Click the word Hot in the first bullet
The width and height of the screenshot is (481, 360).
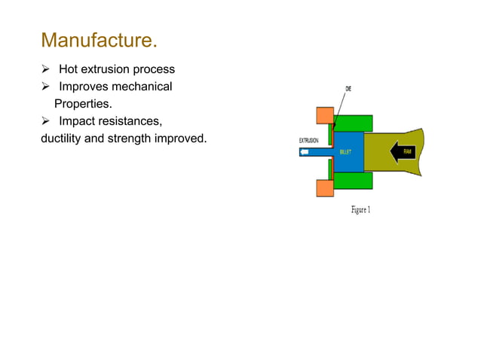70,70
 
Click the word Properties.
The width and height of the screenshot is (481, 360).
83,103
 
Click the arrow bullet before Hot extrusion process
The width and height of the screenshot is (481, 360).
47,70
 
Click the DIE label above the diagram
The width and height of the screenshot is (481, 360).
348,89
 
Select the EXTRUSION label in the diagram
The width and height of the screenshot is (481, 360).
309,141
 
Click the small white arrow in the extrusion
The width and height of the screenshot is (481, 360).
305,151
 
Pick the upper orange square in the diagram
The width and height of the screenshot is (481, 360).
325,115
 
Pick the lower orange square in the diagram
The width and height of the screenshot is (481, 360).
325,187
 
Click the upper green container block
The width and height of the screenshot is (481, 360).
354,122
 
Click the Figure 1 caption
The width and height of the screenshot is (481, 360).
360,209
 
